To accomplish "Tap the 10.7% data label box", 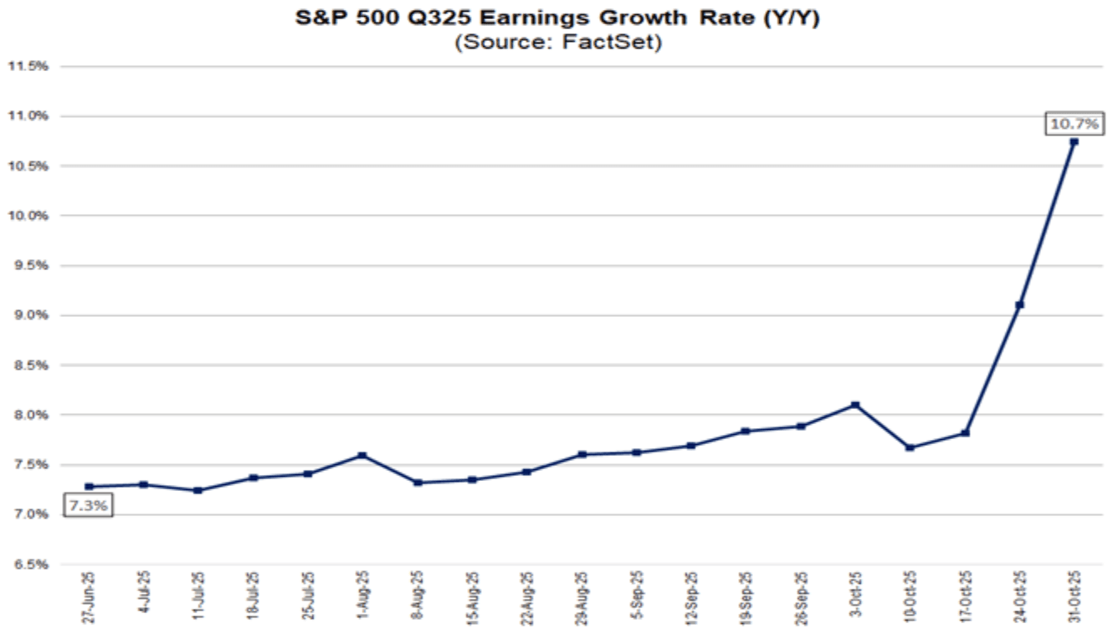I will (1075, 124).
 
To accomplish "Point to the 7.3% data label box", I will (87, 506).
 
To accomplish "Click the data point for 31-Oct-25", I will (1075, 141).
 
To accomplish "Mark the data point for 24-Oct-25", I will (1019, 304).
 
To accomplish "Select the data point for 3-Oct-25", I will (855, 405).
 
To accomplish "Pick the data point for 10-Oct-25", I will (910, 447).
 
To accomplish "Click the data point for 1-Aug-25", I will (362, 455).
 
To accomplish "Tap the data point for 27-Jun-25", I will (89, 486).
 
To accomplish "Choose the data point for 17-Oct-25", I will (965, 432).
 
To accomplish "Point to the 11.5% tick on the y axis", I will (28, 66).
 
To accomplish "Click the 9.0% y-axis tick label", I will (28, 315).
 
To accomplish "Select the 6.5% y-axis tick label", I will (28, 564).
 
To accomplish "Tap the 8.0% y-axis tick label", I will (28, 415).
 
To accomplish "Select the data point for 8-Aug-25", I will (417, 483).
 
